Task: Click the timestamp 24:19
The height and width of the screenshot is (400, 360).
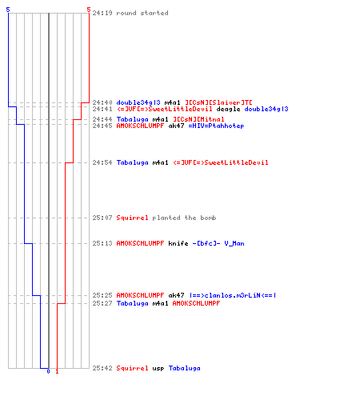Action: (102, 13)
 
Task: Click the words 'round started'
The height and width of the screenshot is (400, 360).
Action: (142, 13)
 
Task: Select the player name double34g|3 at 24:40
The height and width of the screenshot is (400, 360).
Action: (138, 102)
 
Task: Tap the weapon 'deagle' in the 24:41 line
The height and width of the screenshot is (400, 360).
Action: (228, 109)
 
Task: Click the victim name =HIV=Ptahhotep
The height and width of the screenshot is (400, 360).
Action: (216, 126)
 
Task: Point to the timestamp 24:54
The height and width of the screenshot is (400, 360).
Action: (102, 162)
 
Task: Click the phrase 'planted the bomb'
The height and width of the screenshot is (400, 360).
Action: (184, 218)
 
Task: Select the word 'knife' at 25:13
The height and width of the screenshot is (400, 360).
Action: (178, 243)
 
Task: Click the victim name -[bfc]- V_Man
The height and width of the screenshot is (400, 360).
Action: (218, 243)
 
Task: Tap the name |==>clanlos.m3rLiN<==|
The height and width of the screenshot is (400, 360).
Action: (233, 295)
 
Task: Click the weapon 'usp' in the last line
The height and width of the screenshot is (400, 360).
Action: (158, 368)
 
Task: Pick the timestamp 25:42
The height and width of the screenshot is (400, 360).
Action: (102, 368)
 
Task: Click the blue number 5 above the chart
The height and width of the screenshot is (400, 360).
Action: (8, 10)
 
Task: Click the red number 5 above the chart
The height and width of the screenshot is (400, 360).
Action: (89, 10)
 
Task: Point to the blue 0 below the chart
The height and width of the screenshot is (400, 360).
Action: (48, 371)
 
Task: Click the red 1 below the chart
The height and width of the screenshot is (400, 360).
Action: (57, 371)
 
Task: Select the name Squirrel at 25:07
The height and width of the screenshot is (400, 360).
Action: (132, 218)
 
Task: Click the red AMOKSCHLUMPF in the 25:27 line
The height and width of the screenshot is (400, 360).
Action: (196, 303)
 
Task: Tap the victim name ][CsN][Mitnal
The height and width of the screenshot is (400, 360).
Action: (198, 119)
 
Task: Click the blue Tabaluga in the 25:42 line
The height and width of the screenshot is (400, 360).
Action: (185, 368)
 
